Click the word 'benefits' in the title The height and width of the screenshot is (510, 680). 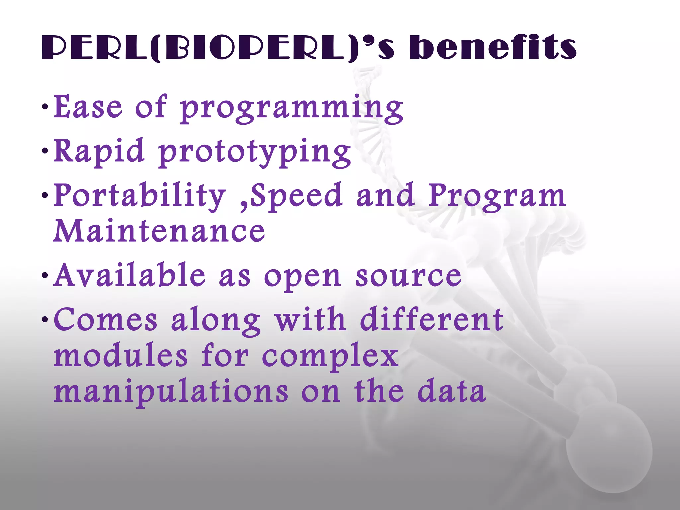[493, 47]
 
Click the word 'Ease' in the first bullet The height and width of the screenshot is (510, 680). [88, 107]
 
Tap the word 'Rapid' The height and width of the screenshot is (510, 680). [99, 151]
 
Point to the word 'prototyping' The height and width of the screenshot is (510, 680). [255, 153]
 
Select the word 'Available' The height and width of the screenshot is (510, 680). [129, 275]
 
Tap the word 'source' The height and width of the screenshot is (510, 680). [408, 276]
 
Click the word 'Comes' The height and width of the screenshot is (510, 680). [106, 319]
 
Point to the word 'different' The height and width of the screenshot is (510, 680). [432, 319]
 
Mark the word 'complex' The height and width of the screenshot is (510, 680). [330, 357]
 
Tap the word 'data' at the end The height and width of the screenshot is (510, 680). [452, 392]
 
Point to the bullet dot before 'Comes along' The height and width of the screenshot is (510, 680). [45, 320]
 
